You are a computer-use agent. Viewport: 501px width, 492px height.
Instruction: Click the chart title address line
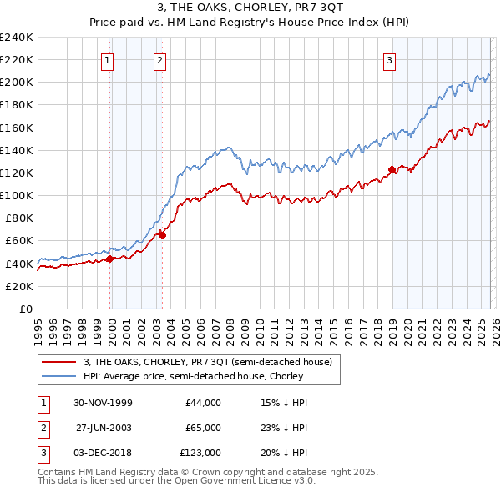pos(250,8)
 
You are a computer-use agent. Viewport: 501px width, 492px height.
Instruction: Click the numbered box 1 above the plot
pos(109,59)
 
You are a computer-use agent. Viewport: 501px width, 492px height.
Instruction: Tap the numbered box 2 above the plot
pos(159,59)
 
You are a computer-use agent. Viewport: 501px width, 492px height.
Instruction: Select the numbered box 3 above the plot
pos(390,59)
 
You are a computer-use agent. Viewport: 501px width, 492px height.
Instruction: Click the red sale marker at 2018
pos(391,170)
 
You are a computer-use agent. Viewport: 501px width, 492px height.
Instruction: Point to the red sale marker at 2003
pos(162,235)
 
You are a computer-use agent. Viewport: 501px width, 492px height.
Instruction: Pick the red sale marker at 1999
pos(109,259)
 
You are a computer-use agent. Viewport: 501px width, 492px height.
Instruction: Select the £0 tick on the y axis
pos(25,309)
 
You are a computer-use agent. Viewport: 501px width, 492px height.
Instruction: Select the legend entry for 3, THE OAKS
pos(208,362)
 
